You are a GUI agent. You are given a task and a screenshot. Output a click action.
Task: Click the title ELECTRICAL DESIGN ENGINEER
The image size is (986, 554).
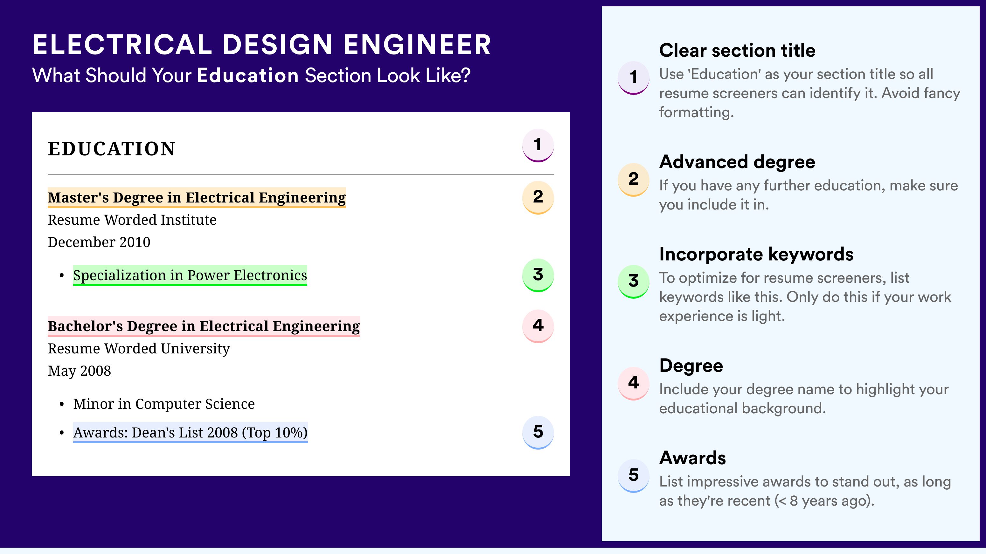coord(262,45)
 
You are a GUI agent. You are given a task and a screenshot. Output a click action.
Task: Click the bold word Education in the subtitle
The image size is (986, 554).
coord(248,75)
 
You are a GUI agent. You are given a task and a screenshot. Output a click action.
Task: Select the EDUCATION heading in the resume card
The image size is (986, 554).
coord(111,149)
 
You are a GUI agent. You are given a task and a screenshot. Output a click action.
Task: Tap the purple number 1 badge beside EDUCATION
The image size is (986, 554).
coord(538,145)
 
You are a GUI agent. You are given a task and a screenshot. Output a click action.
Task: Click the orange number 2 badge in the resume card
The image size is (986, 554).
coord(538,197)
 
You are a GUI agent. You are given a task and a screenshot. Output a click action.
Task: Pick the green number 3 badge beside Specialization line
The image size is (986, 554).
coord(538,275)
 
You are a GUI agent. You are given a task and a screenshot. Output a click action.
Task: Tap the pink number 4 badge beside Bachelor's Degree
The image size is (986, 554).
coord(538,326)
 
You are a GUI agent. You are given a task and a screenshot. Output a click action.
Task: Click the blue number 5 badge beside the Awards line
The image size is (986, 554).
coord(538,432)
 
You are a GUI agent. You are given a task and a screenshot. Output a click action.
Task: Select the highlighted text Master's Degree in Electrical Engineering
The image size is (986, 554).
coord(197,198)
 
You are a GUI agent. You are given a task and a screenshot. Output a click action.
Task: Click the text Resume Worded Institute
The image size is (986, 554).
coord(132,220)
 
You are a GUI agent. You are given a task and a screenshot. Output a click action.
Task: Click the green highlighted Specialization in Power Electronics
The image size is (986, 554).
coord(190,275)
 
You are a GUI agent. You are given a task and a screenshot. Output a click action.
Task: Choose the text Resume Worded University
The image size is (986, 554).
coord(139,349)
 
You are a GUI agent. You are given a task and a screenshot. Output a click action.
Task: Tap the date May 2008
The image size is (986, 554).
coord(79,371)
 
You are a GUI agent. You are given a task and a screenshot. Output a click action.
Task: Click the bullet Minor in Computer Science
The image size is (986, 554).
coord(164,404)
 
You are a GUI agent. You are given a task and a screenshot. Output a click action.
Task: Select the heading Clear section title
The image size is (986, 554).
coord(737,50)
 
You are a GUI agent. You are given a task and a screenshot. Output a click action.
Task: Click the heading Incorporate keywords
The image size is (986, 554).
coord(756,254)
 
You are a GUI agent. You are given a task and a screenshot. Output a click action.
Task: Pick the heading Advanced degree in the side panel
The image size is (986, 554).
coord(737,162)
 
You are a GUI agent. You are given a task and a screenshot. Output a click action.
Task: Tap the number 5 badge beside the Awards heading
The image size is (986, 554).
coord(634,475)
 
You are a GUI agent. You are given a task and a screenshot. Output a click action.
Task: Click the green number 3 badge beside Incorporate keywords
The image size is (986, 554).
coord(634,281)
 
